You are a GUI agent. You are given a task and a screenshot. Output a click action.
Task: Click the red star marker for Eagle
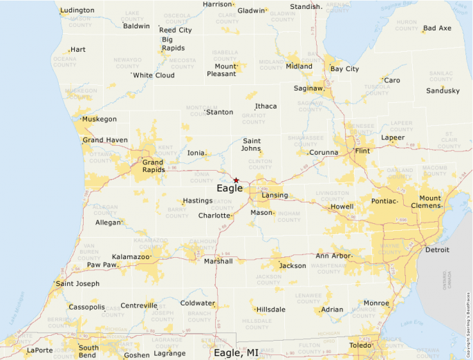pyautogui.click(x=236, y=180)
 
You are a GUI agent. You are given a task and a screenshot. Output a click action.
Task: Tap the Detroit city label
pyautogui.click(x=437, y=249)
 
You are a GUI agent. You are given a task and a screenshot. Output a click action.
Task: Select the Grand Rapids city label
pyautogui.click(x=153, y=167)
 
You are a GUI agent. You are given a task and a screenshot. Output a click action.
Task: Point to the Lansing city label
pyautogui.click(x=275, y=196)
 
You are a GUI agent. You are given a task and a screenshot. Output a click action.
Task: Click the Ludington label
pyautogui.click(x=77, y=10)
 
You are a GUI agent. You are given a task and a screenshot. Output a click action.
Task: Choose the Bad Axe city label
pyautogui.click(x=437, y=28)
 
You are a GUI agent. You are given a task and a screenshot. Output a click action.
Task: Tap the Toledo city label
pyautogui.click(x=361, y=345)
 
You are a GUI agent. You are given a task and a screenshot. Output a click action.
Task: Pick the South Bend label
pyautogui.click(x=89, y=352)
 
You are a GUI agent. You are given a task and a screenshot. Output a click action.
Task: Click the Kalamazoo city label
pyautogui.click(x=131, y=256)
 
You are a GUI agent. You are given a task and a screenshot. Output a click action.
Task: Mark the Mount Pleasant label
pyautogui.click(x=221, y=70)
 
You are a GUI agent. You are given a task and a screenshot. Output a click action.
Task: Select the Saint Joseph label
pyautogui.click(x=78, y=283)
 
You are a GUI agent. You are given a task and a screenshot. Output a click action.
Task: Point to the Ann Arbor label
pyautogui.click(x=333, y=256)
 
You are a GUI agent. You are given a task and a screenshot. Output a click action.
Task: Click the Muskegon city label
pyautogui.click(x=100, y=119)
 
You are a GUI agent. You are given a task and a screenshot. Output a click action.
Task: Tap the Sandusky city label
pyautogui.click(x=443, y=91)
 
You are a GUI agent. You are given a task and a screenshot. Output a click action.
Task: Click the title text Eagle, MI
pyautogui.click(x=236, y=352)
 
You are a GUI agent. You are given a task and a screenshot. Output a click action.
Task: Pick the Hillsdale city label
pyautogui.click(x=271, y=310)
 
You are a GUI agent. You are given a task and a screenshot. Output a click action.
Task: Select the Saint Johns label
pyautogui.click(x=251, y=144)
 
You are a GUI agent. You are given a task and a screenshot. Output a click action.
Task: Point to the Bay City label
pyautogui.click(x=344, y=69)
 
